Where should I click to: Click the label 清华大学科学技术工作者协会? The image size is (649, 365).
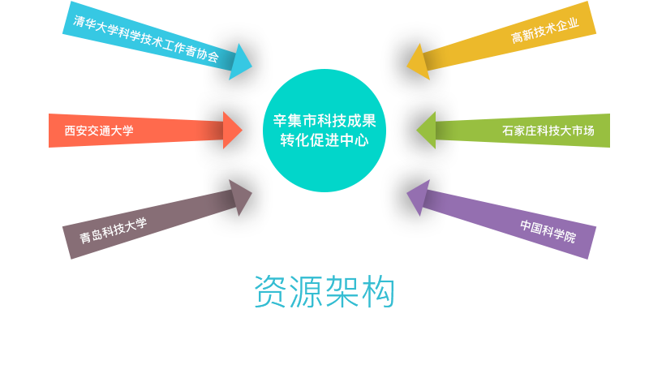point(146,39)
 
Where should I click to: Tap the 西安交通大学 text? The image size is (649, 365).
point(99,131)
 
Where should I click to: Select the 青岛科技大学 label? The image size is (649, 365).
point(113,230)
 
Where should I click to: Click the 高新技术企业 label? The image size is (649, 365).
point(544,31)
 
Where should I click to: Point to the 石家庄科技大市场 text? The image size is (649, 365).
point(548,131)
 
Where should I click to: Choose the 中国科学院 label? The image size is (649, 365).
point(548,231)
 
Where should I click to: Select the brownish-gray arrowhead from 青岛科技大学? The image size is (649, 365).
point(240,196)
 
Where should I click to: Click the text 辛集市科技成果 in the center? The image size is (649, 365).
point(324,121)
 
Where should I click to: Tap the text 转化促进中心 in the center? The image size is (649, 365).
point(324,140)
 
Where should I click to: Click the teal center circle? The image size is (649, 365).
point(324,170)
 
